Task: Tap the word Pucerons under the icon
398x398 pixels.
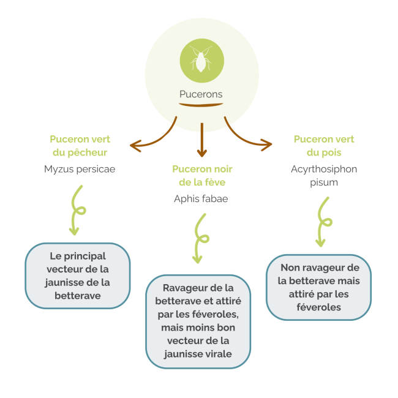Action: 201,94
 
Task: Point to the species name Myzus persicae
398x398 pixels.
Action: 80,169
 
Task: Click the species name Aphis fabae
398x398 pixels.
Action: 201,198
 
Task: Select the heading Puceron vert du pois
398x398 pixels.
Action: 324,146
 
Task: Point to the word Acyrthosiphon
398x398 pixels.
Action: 324,169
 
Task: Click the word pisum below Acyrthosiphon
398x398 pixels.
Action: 324,182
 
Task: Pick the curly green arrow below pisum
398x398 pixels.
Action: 322,222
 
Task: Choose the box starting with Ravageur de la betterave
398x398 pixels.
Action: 199,321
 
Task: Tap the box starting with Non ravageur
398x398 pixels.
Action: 318,287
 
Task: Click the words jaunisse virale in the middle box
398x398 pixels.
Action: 199,354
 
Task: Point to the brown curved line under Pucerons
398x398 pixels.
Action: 201,105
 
